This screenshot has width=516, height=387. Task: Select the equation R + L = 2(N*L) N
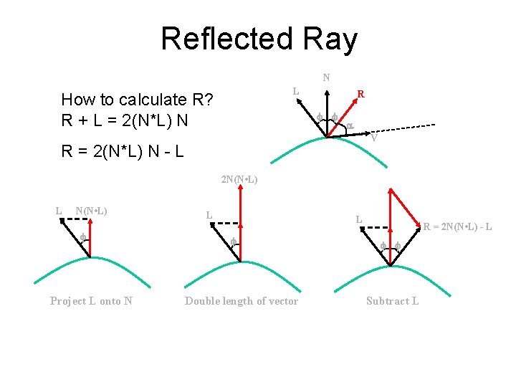125,119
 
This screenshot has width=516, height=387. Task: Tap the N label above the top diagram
326,77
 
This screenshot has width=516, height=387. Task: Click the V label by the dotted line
374,138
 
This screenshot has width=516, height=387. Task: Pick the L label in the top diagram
295,91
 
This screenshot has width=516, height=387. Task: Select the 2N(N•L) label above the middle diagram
239,178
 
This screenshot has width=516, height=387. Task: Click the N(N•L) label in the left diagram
92,211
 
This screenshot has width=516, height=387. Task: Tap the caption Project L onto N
91,301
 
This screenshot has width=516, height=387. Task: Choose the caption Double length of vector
242,301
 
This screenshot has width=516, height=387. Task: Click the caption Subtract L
392,301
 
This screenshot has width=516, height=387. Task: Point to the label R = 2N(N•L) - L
457,228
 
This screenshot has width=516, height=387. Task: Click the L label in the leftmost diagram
59,211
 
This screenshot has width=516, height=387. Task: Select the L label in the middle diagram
209,214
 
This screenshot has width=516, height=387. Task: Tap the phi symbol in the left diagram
82,238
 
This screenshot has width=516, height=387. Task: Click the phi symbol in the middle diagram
233,244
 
